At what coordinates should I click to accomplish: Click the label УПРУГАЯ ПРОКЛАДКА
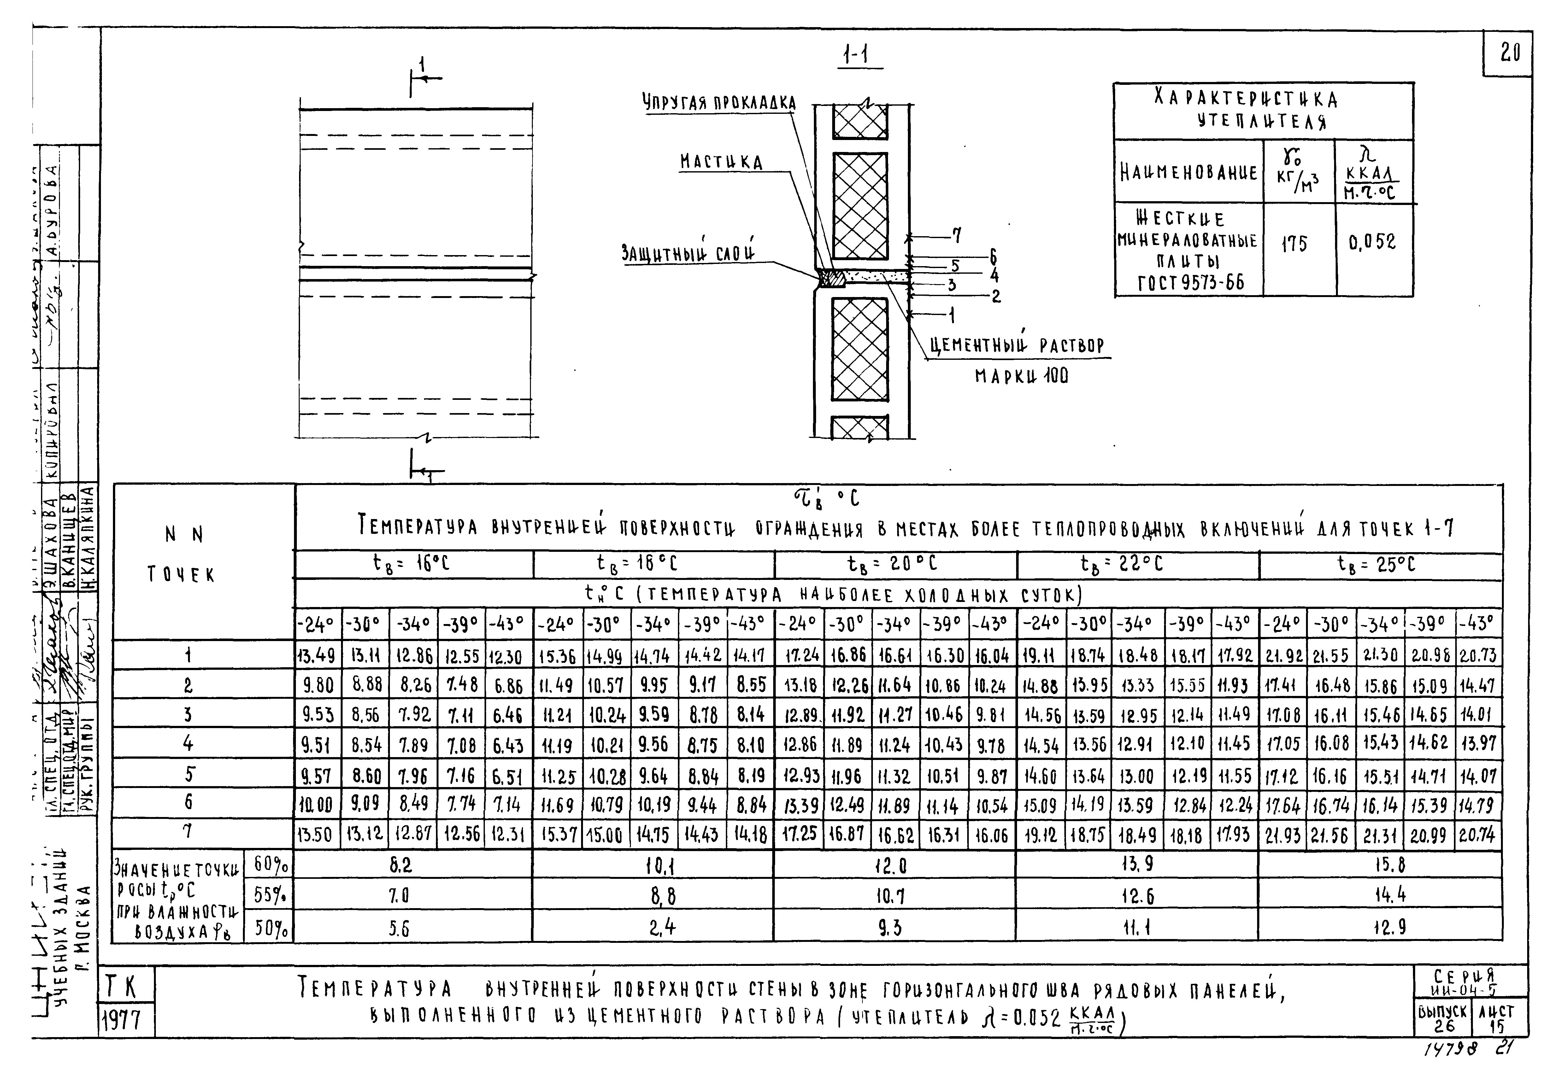[719, 103]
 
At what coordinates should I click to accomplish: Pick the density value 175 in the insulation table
[1294, 244]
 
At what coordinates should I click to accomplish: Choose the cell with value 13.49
[317, 655]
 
